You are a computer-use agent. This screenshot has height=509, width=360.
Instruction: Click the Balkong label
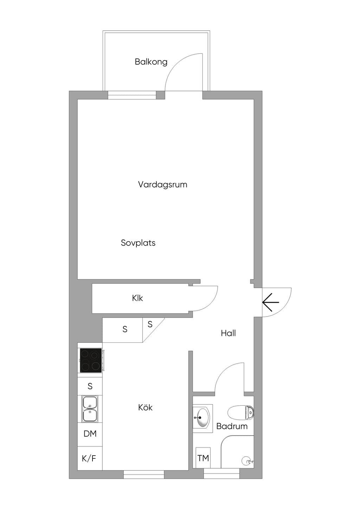(x=151, y=62)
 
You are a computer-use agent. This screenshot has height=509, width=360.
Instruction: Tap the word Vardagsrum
(x=163, y=184)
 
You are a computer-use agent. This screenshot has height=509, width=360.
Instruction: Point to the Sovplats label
(x=138, y=243)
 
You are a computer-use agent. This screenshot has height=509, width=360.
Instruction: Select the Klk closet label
(x=137, y=298)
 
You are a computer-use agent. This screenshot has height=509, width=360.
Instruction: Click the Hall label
(x=228, y=333)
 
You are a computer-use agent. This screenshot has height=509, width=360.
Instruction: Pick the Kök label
(x=145, y=407)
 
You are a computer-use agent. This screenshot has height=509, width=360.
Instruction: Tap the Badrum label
(x=232, y=426)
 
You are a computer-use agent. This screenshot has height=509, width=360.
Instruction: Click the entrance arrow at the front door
(x=270, y=302)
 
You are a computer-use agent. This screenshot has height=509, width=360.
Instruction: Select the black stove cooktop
(x=91, y=360)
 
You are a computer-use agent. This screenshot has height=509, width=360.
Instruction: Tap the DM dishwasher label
(x=90, y=434)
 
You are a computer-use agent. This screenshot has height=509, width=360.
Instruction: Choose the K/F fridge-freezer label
(x=89, y=458)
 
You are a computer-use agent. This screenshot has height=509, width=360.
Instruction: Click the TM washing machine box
(x=203, y=458)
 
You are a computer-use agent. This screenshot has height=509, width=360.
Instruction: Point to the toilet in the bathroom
(x=240, y=412)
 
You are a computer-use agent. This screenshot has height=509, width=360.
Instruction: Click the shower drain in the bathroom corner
(x=246, y=461)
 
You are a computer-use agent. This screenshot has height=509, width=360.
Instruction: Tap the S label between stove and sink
(x=90, y=386)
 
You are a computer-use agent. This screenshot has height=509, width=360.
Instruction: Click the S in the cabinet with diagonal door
(x=150, y=324)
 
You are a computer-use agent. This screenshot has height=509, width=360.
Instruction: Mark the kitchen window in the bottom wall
(x=144, y=475)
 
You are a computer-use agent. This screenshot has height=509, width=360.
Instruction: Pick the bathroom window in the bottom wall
(x=221, y=475)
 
